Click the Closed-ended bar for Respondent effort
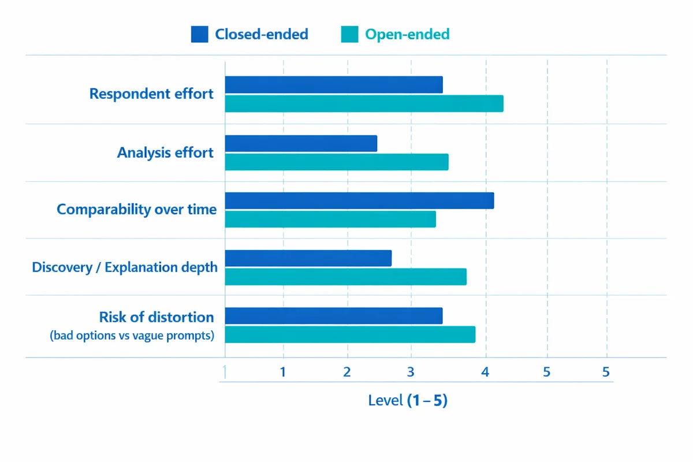coord(334,85)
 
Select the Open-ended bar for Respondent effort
coord(364,104)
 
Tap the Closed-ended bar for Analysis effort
coord(301,144)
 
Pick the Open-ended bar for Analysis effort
coord(337,162)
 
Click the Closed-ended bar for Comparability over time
coord(359,201)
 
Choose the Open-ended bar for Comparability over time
coord(330,219)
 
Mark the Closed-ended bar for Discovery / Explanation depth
coord(308,258)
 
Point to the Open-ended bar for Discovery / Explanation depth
coord(345,277)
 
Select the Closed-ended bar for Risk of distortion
coord(334,316)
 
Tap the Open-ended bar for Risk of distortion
coord(350,335)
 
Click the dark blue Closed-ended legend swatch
coord(199,35)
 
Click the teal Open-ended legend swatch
coord(349,35)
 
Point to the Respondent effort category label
coord(151,94)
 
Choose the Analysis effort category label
coord(165,153)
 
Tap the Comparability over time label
coord(136,210)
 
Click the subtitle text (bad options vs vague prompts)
coord(132,336)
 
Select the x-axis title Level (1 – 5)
coord(408,400)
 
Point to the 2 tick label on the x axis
coord(346,372)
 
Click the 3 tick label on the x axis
coord(411,372)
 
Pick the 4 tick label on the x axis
coord(486,372)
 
